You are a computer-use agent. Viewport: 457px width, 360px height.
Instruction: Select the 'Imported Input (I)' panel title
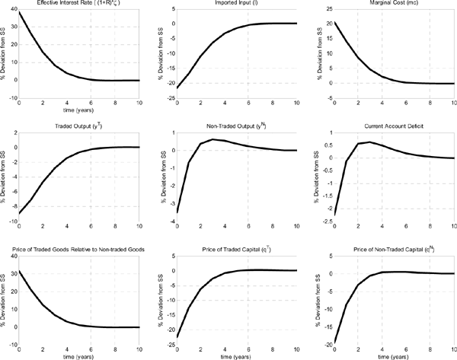pos(229,5)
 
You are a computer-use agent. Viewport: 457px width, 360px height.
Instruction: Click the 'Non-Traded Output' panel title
pos(228,123)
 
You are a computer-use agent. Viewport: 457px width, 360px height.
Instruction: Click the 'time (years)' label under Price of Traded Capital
pos(229,355)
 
